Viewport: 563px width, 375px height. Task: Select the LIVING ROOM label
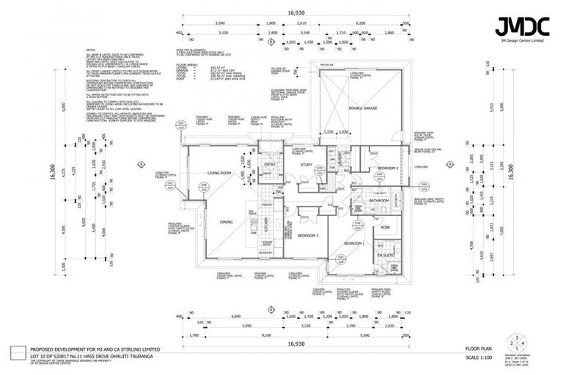[219, 173]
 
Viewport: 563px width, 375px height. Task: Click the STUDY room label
[307, 165]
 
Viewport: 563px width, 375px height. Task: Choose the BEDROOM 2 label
[388, 168]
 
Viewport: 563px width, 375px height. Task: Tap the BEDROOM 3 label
[308, 235]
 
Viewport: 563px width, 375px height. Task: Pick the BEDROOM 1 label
[355, 242]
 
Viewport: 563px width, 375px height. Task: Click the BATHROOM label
[379, 200]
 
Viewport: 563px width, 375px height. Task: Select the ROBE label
[386, 227]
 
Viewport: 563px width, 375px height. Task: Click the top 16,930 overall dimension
[295, 12]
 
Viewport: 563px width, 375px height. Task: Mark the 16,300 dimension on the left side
[51, 173]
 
